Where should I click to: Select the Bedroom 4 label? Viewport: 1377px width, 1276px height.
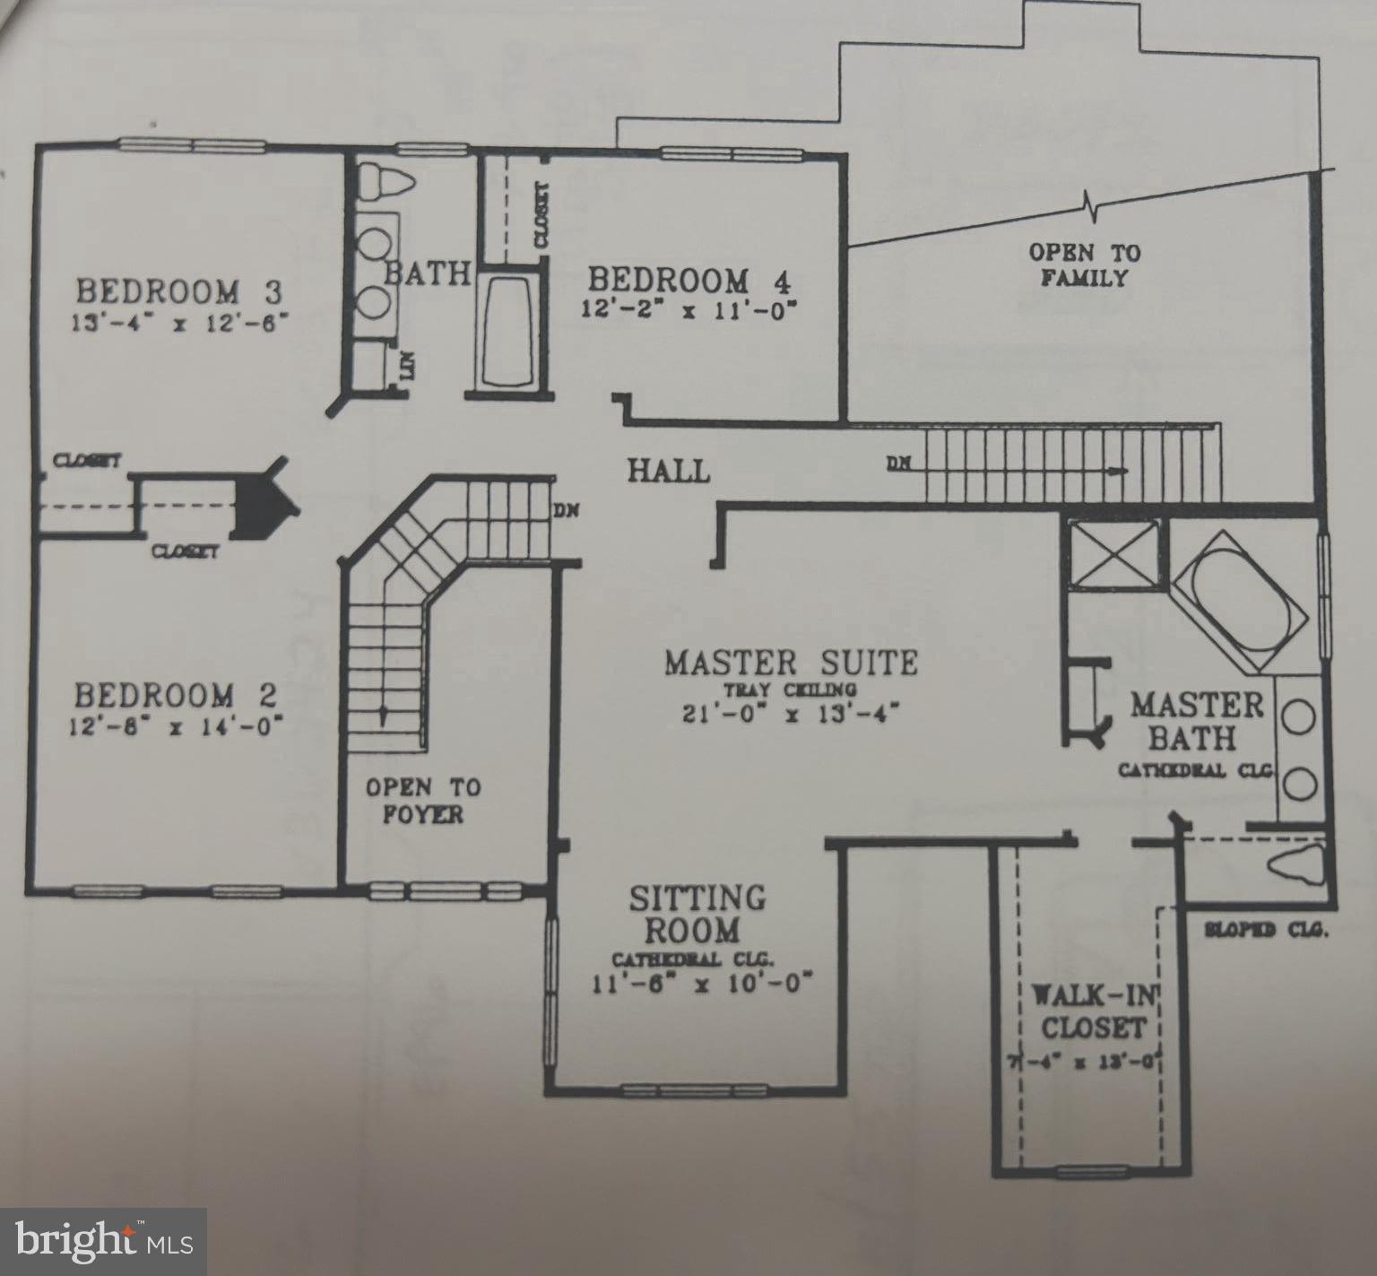click(689, 281)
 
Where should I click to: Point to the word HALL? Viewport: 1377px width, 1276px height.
click(668, 471)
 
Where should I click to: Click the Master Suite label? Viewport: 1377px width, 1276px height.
click(791, 664)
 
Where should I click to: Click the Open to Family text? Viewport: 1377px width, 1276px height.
click(1084, 265)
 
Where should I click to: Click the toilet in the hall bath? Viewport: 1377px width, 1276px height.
click(386, 183)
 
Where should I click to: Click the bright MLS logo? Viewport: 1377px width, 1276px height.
click(104, 1242)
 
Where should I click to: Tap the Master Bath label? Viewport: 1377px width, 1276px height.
click(1195, 722)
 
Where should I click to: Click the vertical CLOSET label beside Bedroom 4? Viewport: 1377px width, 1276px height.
click(541, 215)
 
